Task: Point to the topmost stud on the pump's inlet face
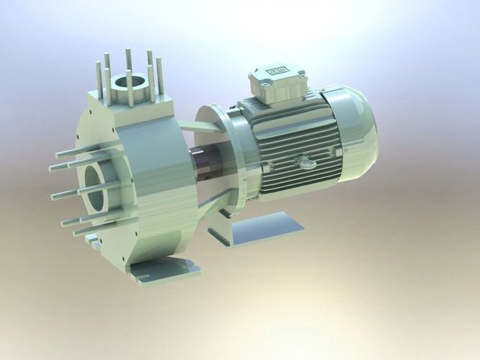point(68,153)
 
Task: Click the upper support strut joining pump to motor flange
point(199,127)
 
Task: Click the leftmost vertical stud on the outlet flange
point(98,76)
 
